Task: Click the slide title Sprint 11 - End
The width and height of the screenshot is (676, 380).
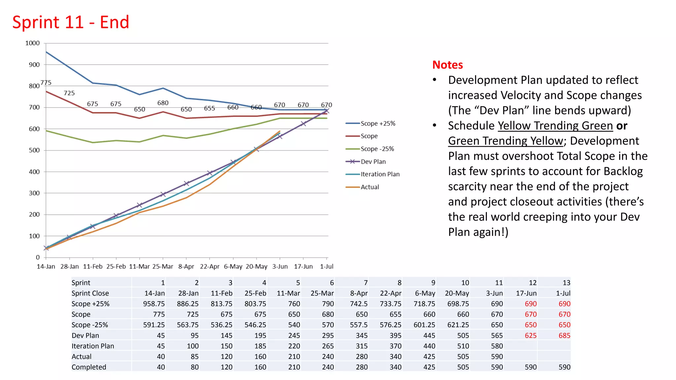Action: click(71, 22)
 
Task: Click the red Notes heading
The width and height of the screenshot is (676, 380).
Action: click(447, 65)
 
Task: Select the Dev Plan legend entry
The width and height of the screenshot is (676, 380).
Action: click(373, 162)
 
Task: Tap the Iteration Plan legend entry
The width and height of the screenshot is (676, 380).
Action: click(380, 174)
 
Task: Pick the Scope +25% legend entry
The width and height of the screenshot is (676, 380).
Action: click(378, 123)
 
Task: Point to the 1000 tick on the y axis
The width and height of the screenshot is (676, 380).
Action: click(32, 43)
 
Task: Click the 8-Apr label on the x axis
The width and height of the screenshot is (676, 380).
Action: click(186, 267)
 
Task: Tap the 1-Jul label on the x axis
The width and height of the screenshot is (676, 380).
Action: click(326, 267)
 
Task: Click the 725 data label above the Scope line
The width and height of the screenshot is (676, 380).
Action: click(69, 93)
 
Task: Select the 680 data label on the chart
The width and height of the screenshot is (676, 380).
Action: click(163, 103)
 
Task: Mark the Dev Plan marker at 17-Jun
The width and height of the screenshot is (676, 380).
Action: click(303, 124)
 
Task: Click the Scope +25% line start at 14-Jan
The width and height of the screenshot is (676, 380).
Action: click(46, 52)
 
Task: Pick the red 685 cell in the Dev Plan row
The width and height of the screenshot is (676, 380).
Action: click(564, 335)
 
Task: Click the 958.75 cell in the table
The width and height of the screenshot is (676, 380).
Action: click(154, 304)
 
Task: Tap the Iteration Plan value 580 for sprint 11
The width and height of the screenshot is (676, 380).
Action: click(496, 346)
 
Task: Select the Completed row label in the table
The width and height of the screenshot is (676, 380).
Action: click(89, 367)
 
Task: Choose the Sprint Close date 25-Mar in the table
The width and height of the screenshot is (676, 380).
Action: click(322, 293)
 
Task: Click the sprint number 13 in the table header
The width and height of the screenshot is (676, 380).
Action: click(566, 283)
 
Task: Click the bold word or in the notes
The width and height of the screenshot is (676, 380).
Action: click(622, 126)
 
